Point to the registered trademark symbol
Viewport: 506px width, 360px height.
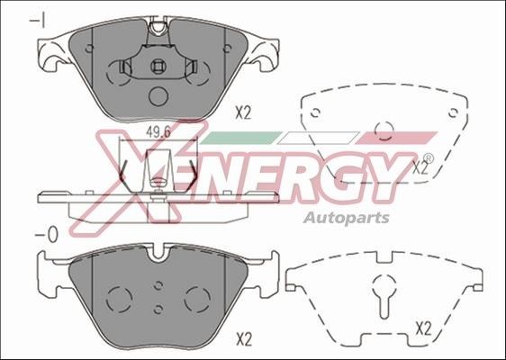point(427,159)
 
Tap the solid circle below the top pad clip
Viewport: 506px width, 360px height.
point(157,96)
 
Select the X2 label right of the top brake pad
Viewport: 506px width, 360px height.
point(242,112)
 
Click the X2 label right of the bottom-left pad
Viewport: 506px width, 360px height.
point(242,338)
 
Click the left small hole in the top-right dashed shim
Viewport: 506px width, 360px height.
point(315,112)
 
